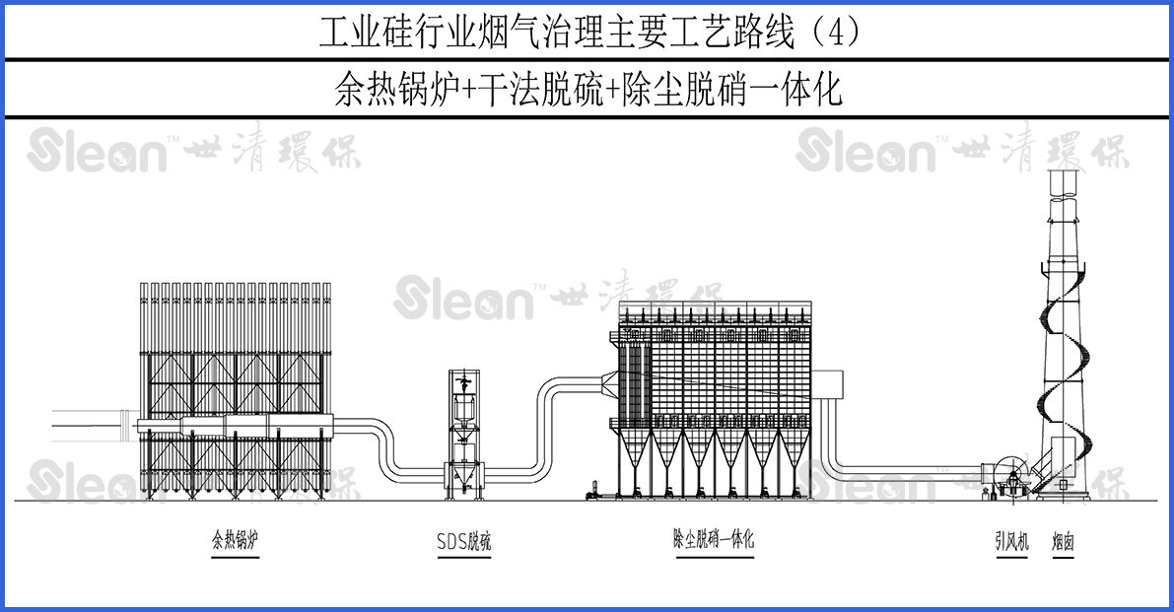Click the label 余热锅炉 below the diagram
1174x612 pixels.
click(235, 540)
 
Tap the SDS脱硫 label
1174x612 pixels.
click(463, 541)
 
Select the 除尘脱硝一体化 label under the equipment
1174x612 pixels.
click(713, 539)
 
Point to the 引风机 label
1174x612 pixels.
click(1011, 541)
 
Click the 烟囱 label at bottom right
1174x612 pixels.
click(1062, 541)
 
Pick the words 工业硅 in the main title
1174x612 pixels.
click(364, 33)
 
